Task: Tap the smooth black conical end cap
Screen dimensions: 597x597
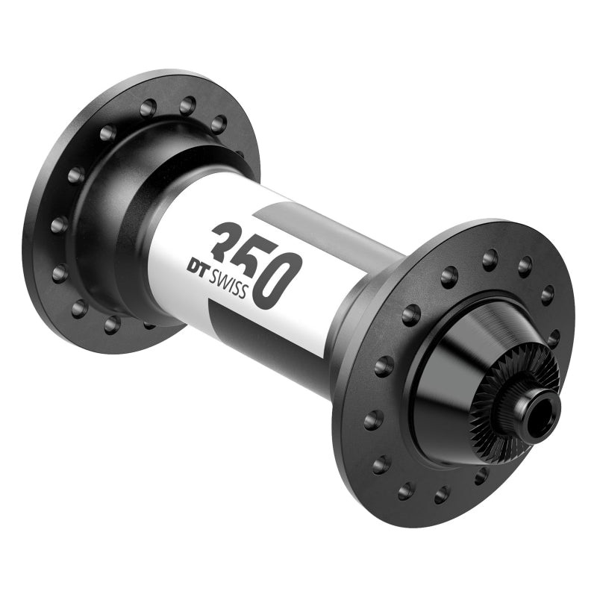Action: tap(455, 388)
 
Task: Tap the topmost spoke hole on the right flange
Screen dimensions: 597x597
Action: tap(490, 260)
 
